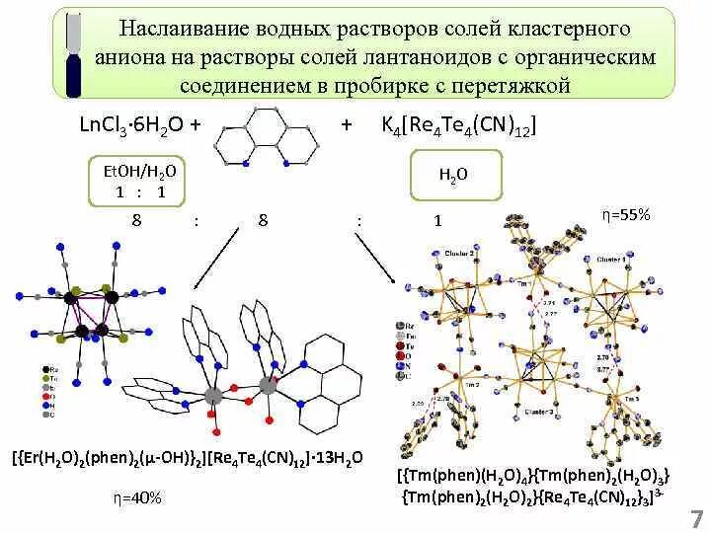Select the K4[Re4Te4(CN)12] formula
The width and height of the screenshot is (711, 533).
[x=458, y=125]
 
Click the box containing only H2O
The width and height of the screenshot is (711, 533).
[x=453, y=176]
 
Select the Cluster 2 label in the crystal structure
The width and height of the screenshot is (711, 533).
[x=457, y=254]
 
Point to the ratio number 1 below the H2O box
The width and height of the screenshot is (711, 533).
[x=436, y=221]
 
